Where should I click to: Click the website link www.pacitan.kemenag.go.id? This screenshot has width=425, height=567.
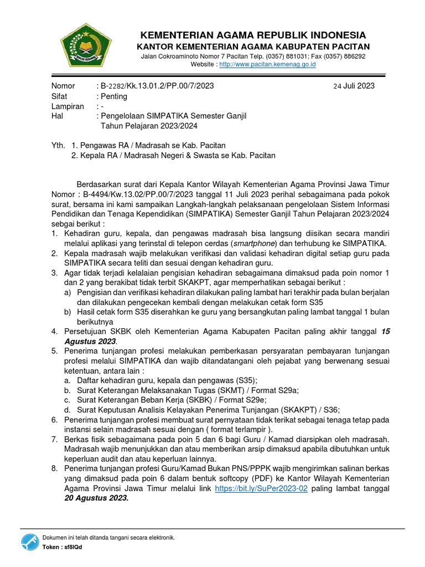click(x=267, y=65)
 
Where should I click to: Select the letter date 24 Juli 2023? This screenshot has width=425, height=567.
click(x=354, y=86)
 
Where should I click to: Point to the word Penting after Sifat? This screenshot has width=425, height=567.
click(x=113, y=96)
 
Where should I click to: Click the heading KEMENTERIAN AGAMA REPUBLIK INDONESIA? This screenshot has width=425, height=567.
click(x=253, y=35)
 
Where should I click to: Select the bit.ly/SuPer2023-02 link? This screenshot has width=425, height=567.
click(x=260, y=488)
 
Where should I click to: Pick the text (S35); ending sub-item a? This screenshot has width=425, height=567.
click(x=246, y=380)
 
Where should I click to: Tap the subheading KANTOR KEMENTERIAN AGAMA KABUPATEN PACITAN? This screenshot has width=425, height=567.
click(x=253, y=47)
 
